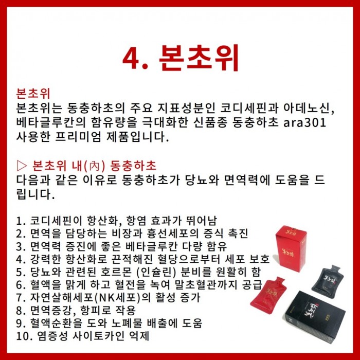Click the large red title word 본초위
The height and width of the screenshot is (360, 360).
[199, 58]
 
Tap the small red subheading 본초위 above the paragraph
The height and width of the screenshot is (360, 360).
[33, 93]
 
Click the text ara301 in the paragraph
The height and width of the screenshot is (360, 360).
[304, 122]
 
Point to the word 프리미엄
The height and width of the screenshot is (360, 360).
[78, 137]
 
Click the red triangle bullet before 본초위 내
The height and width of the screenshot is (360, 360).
[22, 166]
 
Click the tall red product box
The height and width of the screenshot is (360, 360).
[291, 248]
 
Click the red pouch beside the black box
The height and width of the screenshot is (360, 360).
[267, 295]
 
